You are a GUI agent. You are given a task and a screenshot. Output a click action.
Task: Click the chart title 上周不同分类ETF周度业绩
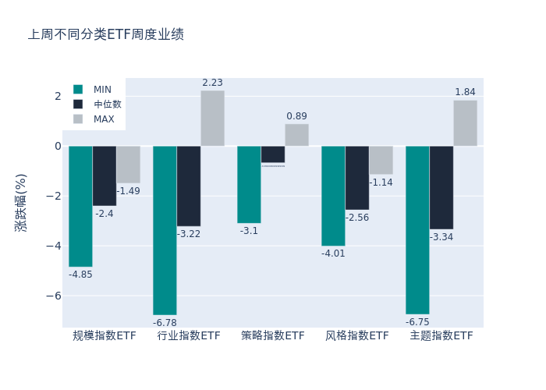pyautogui.click(x=106, y=35)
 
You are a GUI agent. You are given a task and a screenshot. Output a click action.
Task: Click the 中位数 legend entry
pyautogui.click(x=107, y=105)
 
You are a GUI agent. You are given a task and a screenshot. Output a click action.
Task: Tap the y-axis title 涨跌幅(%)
pyautogui.click(x=21, y=202)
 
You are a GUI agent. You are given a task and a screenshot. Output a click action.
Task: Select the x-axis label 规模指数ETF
pyautogui.click(x=105, y=335)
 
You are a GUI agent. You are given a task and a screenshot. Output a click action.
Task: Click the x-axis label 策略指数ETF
pyautogui.click(x=273, y=335)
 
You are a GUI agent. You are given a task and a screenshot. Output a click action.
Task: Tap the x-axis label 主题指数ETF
pyautogui.click(x=441, y=335)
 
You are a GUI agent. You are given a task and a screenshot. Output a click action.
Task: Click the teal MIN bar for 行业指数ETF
pyautogui.click(x=165, y=230)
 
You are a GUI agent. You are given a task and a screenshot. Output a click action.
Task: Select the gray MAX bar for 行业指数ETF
pyautogui.click(x=212, y=119)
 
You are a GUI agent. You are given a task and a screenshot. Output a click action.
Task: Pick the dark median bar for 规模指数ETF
pyautogui.click(x=105, y=175)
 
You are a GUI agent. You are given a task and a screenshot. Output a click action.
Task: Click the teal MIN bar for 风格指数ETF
pyautogui.click(x=333, y=196)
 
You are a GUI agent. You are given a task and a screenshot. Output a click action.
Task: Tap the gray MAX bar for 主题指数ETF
pyautogui.click(x=465, y=123)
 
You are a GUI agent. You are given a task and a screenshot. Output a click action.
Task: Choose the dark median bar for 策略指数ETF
pyautogui.click(x=273, y=154)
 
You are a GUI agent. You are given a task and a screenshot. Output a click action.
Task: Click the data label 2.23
pyautogui.click(x=212, y=83)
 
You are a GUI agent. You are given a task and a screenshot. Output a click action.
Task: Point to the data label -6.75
pyautogui.click(x=417, y=322)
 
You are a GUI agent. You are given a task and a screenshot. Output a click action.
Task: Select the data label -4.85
pyautogui.click(x=80, y=275)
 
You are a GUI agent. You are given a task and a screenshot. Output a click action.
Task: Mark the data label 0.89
pyautogui.click(x=296, y=116)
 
